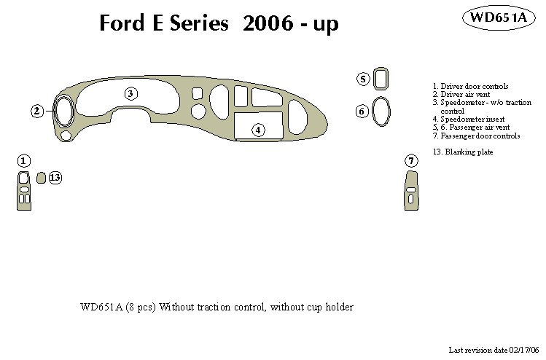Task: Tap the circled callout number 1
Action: pos(24,160)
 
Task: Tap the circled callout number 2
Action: pos(37,111)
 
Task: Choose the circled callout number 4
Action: pos(257,130)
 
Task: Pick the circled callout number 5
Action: pos(363,79)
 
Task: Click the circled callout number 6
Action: pos(362,111)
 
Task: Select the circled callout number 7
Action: pos(411,160)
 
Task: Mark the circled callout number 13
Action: pos(55,177)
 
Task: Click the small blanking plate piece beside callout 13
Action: pos(41,177)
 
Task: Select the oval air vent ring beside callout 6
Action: pos(381,111)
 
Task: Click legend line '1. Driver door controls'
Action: pos(469,87)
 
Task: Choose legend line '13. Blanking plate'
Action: pos(463,152)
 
